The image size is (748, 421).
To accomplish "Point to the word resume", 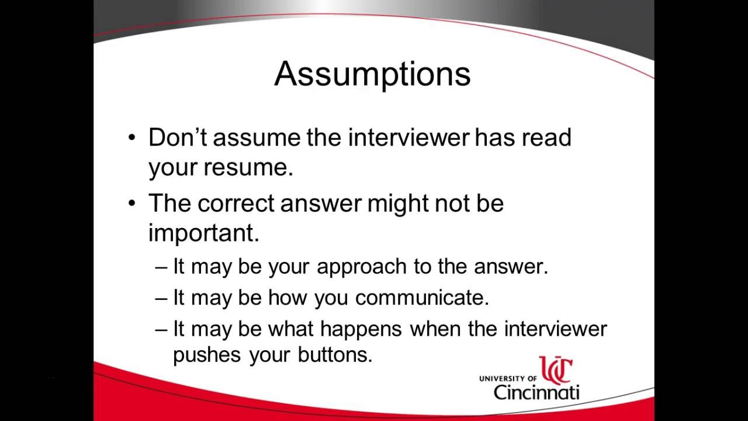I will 247,168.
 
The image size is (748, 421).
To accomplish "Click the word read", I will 546,137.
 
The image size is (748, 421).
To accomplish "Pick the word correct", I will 236,203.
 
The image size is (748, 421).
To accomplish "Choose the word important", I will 203,233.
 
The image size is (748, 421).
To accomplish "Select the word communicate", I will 421,298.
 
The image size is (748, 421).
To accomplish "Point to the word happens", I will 361,329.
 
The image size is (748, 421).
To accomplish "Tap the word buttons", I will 335,355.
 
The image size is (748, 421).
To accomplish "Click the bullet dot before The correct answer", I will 132,203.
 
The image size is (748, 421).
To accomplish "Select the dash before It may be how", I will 162,298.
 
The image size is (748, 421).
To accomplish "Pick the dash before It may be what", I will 162,329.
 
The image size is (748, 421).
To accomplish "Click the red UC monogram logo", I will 555,370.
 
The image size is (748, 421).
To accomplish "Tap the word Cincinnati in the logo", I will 536,392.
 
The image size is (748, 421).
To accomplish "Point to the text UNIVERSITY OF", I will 508,379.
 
